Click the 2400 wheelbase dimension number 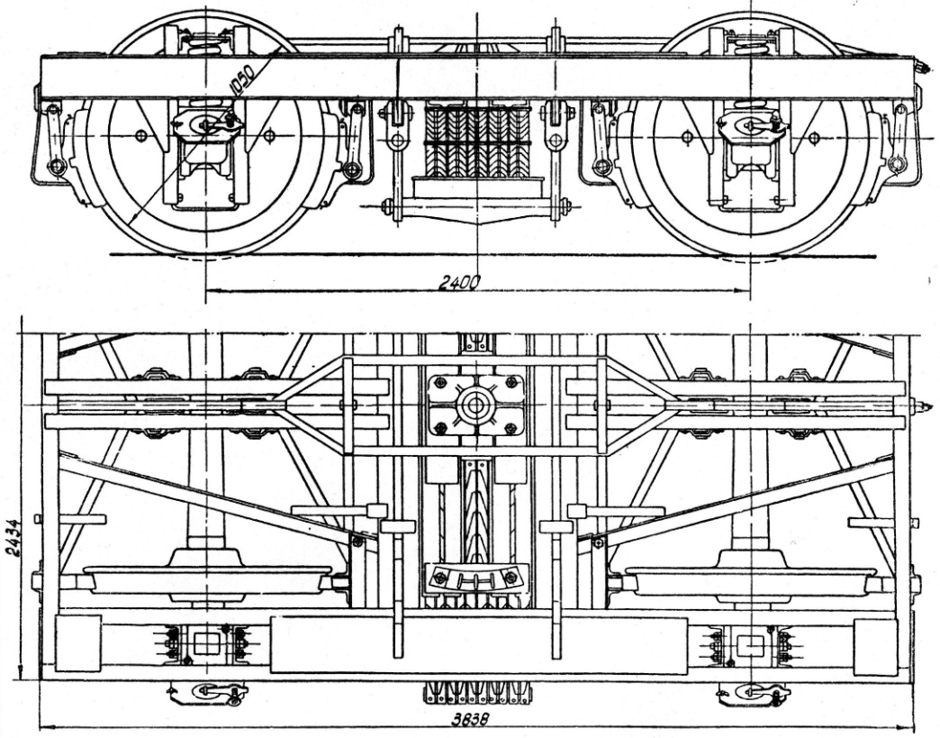pyautogui.click(x=458, y=283)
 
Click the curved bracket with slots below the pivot pyautogui.click(x=475, y=578)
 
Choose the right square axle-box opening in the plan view pyautogui.click(x=750, y=645)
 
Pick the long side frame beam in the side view pyautogui.click(x=476, y=77)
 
